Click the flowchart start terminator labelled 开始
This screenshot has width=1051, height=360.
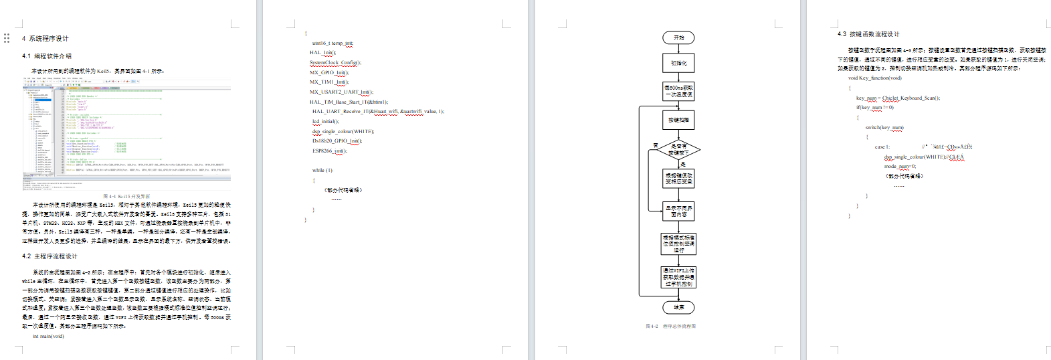678,38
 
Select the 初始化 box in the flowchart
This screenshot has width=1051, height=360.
678,63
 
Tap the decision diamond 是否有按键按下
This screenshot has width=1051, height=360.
678,149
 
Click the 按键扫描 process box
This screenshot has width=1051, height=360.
678,120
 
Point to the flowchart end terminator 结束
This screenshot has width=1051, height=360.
678,307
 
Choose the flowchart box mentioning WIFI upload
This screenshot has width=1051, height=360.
678,278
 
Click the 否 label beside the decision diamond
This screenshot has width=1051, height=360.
656,145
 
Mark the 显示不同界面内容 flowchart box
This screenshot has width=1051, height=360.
678,211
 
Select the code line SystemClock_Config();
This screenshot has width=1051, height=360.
335,63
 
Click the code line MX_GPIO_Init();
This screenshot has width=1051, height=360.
328,72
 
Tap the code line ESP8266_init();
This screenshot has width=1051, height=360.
328,151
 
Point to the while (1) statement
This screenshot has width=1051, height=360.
322,170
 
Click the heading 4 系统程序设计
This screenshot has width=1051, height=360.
45,39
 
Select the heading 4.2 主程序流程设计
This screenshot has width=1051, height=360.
50,256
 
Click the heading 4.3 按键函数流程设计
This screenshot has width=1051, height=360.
868,34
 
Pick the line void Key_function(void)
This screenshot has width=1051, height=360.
874,78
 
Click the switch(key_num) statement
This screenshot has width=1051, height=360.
884,127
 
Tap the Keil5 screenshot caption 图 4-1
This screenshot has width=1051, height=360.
126,197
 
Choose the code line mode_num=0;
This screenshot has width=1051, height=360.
900,166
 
